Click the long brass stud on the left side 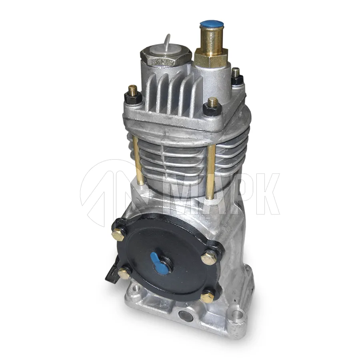pos(139,160)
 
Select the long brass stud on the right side pos(211,172)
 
